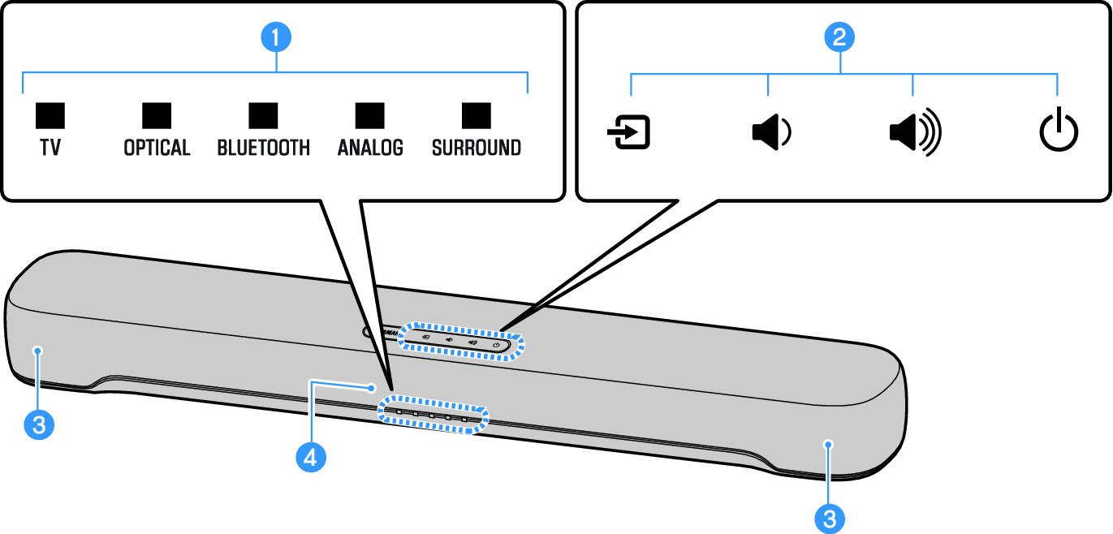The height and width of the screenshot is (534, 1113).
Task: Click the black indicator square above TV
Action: pos(50,116)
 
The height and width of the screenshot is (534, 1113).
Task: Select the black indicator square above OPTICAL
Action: pos(157,116)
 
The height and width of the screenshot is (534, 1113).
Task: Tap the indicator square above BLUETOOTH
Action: pos(263,116)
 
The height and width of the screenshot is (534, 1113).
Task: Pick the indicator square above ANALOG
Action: pos(370,116)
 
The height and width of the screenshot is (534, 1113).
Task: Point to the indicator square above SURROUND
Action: pos(477,116)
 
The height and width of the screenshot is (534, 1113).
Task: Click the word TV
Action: pos(50,149)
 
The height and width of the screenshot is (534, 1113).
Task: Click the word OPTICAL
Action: pos(157,149)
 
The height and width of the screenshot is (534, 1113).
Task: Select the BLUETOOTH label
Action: pos(263,149)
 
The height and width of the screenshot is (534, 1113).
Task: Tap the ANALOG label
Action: pos(370,149)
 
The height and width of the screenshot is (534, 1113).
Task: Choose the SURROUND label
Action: pos(477,149)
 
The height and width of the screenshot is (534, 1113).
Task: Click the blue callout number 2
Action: pos(839,37)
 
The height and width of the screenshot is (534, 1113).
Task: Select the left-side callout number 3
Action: pos(38,424)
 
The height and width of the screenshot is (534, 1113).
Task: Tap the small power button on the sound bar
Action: pos(496,345)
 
